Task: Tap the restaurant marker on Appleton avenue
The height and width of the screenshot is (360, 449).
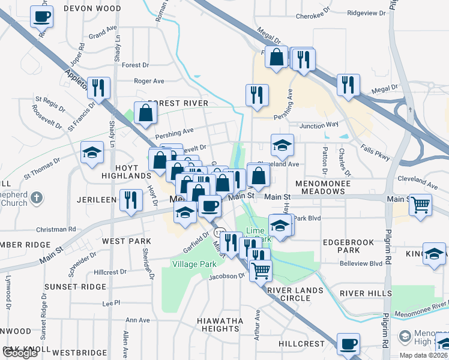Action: tap(98, 88)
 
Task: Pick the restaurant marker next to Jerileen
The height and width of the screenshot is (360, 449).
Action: tap(131, 200)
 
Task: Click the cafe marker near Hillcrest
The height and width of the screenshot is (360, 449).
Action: tap(348, 344)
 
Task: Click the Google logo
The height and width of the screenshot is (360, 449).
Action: tap(20, 353)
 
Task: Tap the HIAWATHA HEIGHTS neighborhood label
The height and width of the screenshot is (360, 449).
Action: tap(220, 325)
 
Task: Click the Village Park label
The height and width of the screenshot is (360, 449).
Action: tap(194, 264)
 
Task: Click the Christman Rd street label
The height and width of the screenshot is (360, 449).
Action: tap(55, 229)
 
